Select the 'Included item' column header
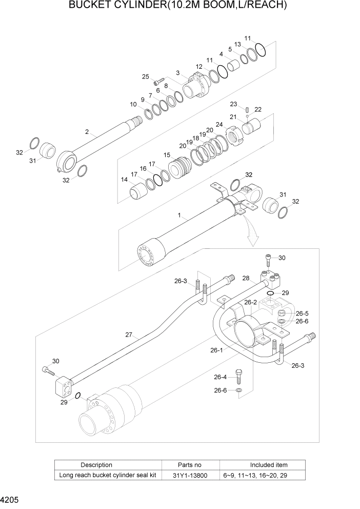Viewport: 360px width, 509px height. (x=269, y=465)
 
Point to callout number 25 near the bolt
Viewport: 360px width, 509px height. (x=146, y=76)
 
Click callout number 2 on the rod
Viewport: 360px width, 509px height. (x=87, y=132)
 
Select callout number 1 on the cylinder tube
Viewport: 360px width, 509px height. (x=179, y=217)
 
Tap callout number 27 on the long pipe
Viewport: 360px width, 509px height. (x=129, y=335)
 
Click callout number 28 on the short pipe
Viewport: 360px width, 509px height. (x=246, y=279)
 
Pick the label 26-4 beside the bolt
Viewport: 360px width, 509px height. (x=220, y=377)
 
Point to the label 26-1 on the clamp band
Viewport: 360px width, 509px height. (x=217, y=350)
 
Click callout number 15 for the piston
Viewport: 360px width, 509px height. (x=167, y=155)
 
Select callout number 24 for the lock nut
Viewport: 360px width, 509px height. (x=219, y=124)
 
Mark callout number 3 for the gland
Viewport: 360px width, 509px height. (x=177, y=73)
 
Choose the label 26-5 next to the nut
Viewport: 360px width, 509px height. (x=302, y=314)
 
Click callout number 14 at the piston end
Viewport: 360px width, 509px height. (x=124, y=180)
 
